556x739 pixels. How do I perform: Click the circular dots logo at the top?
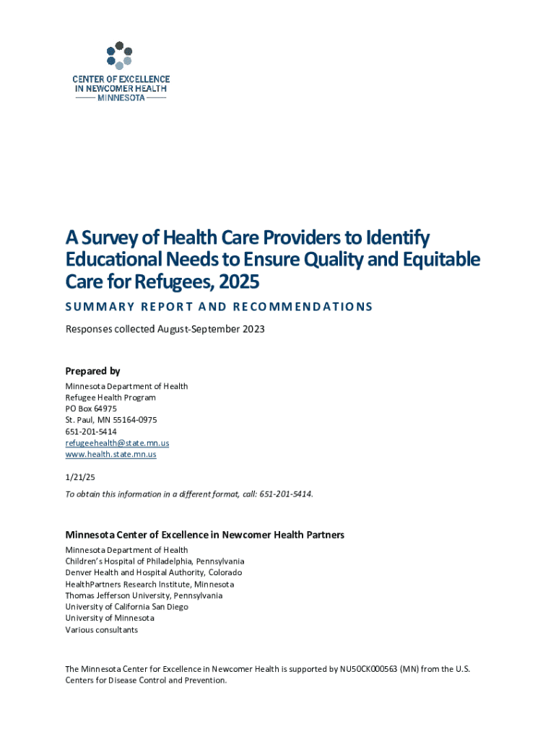coord(120,55)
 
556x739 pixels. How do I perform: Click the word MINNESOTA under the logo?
coord(121,98)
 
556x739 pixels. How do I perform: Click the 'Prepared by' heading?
coord(92,371)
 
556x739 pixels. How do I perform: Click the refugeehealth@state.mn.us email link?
coord(117,443)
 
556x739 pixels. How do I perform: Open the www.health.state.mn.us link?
coord(110,455)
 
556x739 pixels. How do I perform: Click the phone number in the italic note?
coord(287,494)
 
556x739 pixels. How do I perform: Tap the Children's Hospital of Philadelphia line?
coord(155,561)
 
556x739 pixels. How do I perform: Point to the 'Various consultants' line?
coord(101,630)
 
